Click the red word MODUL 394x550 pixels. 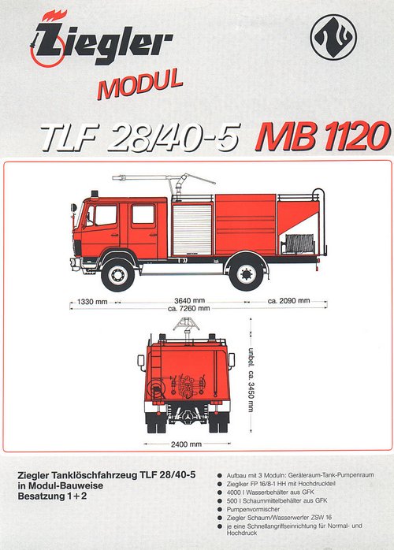point(140,84)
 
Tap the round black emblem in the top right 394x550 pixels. point(333,37)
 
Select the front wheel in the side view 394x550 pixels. point(117,275)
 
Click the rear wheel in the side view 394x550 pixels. point(247,273)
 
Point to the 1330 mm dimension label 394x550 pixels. point(92,301)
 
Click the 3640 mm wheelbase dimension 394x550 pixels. point(189,300)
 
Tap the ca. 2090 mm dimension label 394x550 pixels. point(288,300)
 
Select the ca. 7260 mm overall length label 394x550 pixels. point(189,308)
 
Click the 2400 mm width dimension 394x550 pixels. point(186,444)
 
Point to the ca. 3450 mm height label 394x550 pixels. point(251,380)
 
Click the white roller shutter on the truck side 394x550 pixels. point(192,230)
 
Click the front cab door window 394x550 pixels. point(106,215)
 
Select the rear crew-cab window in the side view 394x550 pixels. point(143,214)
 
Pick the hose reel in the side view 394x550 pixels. point(299,243)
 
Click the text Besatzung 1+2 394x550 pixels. point(52,496)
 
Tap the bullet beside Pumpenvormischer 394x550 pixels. point(220,509)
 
